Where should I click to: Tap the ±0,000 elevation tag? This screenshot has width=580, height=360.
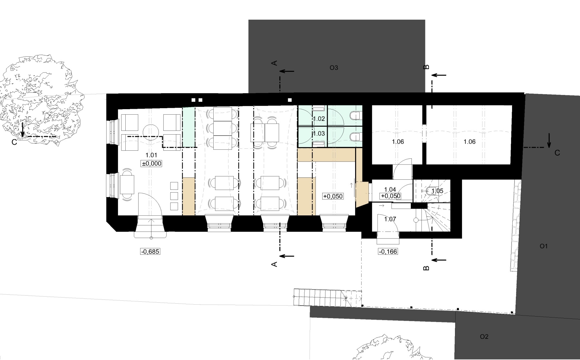pyautogui.click(x=151, y=164)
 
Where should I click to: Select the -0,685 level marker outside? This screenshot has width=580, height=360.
pyautogui.click(x=150, y=251)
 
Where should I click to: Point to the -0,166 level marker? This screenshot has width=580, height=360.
pyautogui.click(x=388, y=251)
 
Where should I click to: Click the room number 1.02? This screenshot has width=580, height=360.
pyautogui.click(x=319, y=119)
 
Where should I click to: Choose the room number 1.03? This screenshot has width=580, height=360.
pyautogui.click(x=319, y=134)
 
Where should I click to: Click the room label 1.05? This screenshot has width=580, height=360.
pyautogui.click(x=438, y=191)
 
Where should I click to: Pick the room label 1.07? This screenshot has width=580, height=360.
pyautogui.click(x=390, y=219)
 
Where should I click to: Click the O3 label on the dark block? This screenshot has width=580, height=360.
pyautogui.click(x=334, y=68)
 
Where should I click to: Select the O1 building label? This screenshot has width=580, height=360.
pyautogui.click(x=544, y=246)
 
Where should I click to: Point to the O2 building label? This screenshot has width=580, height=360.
pyautogui.click(x=484, y=337)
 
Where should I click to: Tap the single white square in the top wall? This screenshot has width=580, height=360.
pyautogui.click(x=290, y=100)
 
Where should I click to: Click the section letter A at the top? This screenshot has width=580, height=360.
pyautogui.click(x=275, y=63)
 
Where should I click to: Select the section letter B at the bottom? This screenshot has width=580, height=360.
pyautogui.click(x=426, y=268)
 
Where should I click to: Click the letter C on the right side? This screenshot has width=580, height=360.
pyautogui.click(x=557, y=153)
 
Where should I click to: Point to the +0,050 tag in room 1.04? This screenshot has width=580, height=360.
pyautogui.click(x=391, y=196)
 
